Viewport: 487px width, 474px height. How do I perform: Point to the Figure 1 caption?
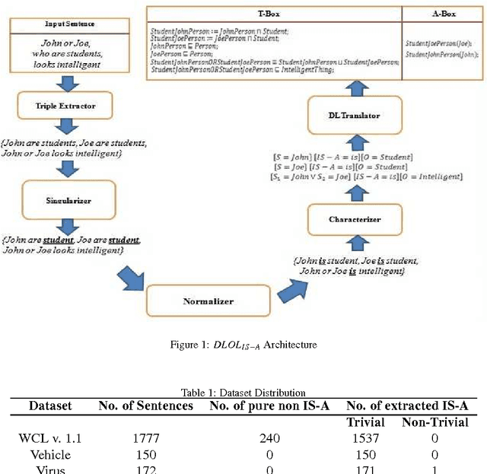point(243,345)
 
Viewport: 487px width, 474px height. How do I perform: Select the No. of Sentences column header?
point(146,406)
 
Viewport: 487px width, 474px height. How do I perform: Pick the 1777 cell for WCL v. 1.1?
point(146,437)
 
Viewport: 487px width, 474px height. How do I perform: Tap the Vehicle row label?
point(50,453)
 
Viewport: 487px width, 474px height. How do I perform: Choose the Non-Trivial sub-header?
point(434,422)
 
